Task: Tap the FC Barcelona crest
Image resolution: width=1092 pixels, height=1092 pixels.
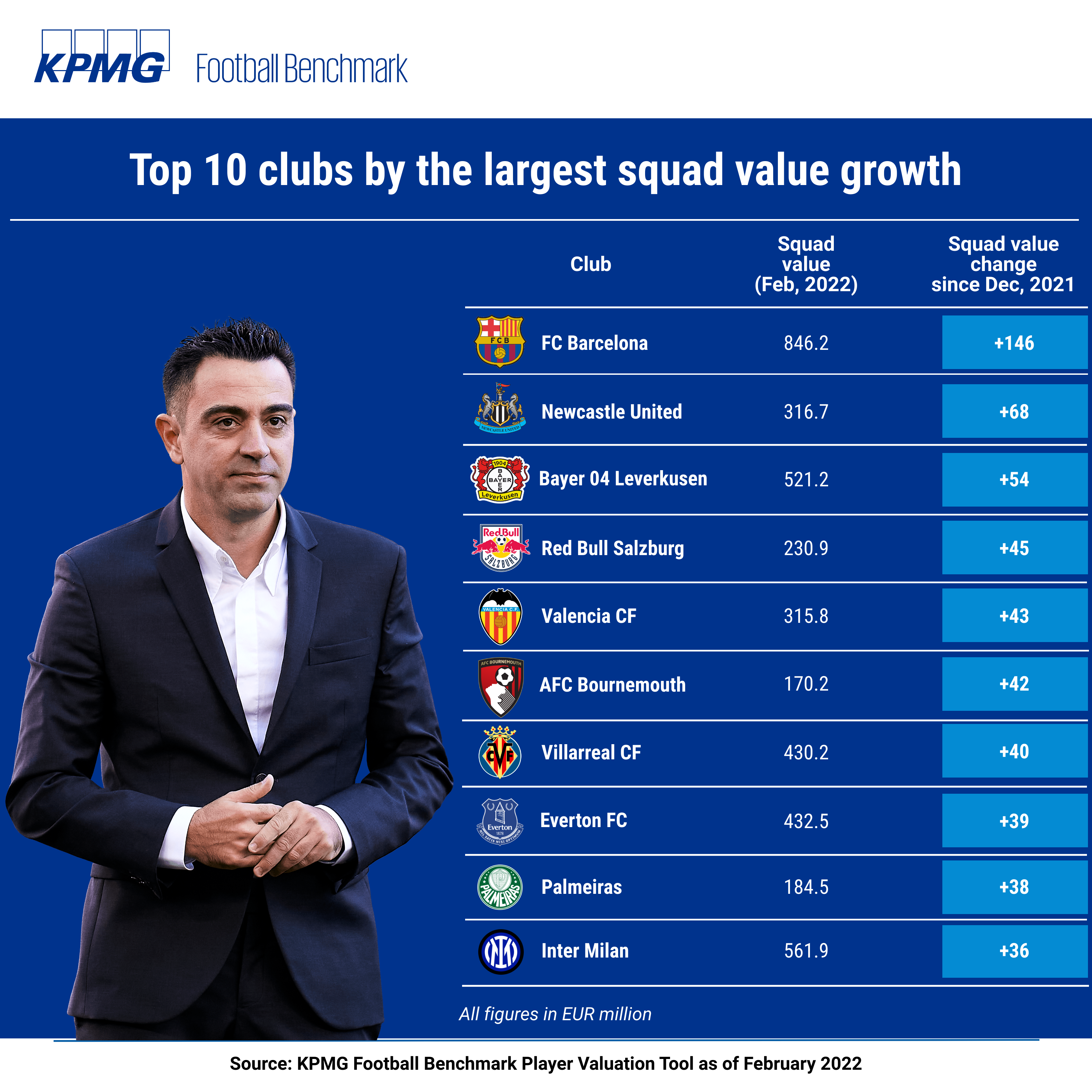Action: pyautogui.click(x=499, y=341)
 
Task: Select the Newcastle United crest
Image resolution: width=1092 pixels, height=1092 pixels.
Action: pyautogui.click(x=499, y=409)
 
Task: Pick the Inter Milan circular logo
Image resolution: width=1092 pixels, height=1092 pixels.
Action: pyautogui.click(x=501, y=951)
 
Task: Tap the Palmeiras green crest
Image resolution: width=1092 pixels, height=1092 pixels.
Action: pyautogui.click(x=499, y=887)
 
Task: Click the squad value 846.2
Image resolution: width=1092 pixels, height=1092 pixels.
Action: pyautogui.click(x=806, y=343)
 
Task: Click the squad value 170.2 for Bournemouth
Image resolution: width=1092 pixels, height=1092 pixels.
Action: pyautogui.click(x=806, y=684)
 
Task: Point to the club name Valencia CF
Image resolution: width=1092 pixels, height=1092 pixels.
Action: pyautogui.click(x=588, y=616)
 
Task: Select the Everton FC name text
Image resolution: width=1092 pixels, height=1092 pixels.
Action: pyautogui.click(x=583, y=821)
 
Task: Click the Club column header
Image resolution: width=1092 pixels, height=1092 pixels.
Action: pyautogui.click(x=590, y=264)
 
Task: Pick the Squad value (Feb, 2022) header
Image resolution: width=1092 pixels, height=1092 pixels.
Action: pyautogui.click(x=806, y=264)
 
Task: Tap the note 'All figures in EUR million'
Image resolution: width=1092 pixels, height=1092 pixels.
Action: pyautogui.click(x=555, y=1014)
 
